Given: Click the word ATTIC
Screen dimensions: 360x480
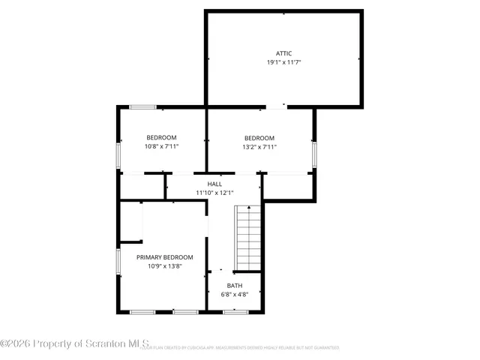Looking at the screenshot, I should pos(283,53).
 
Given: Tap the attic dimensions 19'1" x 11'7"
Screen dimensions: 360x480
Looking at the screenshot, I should pos(283,62).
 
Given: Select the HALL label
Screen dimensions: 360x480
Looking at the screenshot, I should pos(214,184).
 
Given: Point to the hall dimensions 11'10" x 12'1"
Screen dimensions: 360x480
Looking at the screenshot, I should pos(214,193).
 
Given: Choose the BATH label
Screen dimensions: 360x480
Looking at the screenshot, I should pos(235,286).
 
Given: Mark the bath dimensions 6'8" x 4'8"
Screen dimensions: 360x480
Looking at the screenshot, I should pos(235,295).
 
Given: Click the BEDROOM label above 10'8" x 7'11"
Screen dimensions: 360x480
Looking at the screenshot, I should pos(161,137).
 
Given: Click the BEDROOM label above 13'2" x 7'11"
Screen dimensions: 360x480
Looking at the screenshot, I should pos(259,138).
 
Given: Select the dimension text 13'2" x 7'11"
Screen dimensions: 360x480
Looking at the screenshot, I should pos(259,147).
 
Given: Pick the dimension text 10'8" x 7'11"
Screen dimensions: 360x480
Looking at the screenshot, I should pos(161,146).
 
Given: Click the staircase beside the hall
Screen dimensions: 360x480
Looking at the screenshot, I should pos(247,238).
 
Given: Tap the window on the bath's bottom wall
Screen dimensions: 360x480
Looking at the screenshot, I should pos(235,311).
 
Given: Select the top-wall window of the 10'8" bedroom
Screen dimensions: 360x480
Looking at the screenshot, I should pos(142,107).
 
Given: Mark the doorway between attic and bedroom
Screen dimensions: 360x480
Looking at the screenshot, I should pos(276,107).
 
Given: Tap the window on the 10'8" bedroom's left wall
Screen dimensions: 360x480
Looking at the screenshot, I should pos(118,154).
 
